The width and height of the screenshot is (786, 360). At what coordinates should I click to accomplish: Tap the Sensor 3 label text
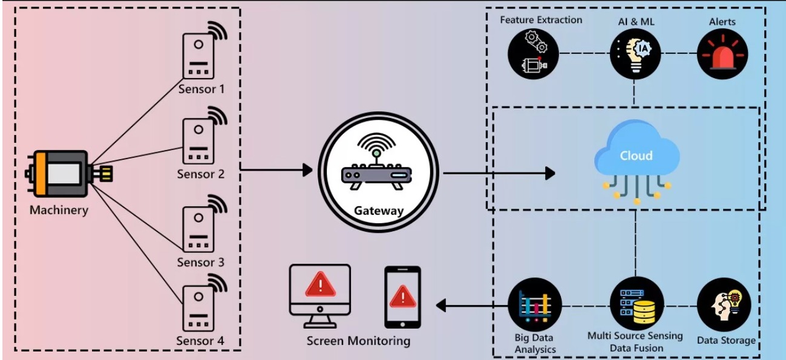tap(200, 263)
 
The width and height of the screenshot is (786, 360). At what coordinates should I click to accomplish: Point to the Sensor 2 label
tap(200, 174)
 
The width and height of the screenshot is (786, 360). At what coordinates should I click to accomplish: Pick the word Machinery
tap(59, 211)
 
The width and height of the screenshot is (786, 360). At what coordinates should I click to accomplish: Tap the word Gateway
tap(379, 211)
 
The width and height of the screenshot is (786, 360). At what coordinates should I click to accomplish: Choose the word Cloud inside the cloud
tap(636, 155)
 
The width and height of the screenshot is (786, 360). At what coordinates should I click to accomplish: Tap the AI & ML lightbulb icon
tap(635, 53)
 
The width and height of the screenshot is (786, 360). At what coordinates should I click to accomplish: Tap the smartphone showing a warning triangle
tap(402, 296)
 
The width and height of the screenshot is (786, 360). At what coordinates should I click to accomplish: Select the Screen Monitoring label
tap(358, 341)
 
